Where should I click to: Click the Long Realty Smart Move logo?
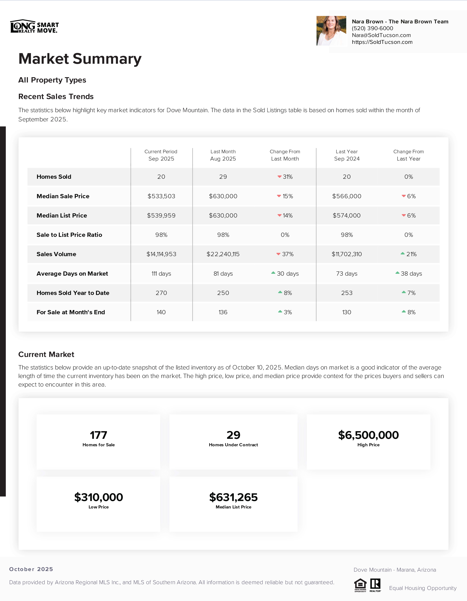[x=34, y=26]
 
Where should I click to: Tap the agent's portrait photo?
[x=331, y=31]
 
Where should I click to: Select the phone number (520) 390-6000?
[x=372, y=28]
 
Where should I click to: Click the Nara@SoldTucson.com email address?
[x=381, y=35]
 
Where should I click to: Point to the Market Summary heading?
[x=80, y=59]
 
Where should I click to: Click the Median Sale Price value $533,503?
[x=161, y=196]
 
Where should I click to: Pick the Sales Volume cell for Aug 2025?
[x=223, y=254]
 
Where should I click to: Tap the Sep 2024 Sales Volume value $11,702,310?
[x=346, y=254]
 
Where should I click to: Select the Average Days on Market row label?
[x=72, y=274]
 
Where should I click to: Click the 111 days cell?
[x=161, y=274]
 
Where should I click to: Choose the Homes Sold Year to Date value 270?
[x=161, y=293]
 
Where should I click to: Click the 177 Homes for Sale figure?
[x=99, y=435]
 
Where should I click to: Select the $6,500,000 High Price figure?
[x=368, y=435]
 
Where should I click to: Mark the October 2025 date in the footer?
[x=31, y=569]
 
